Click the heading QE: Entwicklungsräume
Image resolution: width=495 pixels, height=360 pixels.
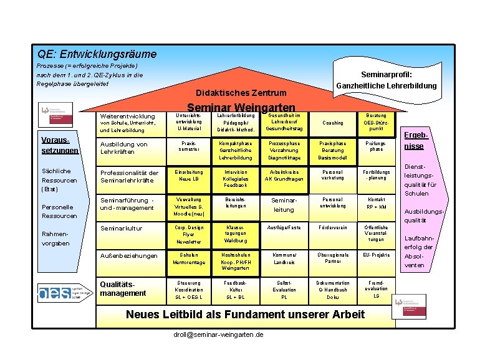[x=97, y=54]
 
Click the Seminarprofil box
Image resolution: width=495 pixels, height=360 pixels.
[x=387, y=79]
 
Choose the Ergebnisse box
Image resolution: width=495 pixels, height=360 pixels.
[x=415, y=141]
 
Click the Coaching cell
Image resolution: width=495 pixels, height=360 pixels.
[x=332, y=123]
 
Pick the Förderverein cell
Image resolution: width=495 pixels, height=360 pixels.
[x=332, y=228]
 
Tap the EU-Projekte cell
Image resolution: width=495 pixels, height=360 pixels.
[x=376, y=255]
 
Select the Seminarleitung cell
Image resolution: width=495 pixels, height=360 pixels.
[x=284, y=205]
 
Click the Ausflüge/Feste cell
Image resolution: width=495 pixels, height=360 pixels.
[x=284, y=228]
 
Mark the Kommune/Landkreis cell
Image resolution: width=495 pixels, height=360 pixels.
[x=284, y=258]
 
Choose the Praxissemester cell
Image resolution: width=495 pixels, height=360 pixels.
[x=188, y=146]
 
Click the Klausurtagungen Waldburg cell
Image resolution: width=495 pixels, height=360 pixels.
[x=236, y=234]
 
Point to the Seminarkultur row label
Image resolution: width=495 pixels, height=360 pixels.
[x=122, y=228]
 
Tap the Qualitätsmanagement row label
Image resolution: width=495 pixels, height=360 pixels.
[x=123, y=288]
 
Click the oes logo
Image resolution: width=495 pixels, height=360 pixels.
[x=53, y=291]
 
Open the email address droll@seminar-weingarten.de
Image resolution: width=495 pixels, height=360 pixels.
[x=218, y=335]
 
